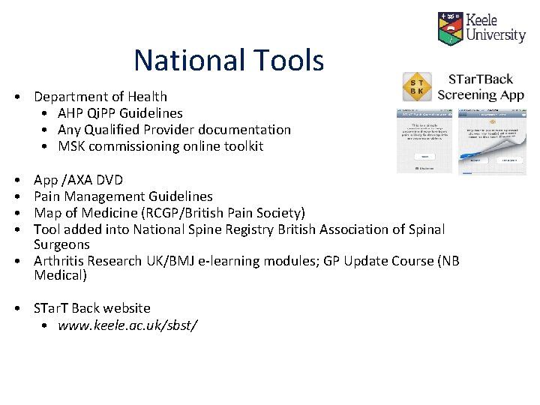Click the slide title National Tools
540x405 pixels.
point(229,60)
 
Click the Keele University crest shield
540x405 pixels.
point(450,28)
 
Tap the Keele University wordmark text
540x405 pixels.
point(496,28)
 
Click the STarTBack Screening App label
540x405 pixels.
point(481,87)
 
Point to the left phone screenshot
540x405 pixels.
point(424,141)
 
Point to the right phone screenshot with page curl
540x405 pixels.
point(492,141)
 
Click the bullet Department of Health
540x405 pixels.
point(100,97)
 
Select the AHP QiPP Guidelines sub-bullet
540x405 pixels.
point(120,113)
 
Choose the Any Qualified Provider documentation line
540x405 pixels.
point(174,130)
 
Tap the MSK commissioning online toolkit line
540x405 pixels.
point(160,146)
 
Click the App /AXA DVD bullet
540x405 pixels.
point(79,180)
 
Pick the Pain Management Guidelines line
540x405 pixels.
point(123,196)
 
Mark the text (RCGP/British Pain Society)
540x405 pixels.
point(221,213)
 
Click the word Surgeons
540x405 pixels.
point(61,244)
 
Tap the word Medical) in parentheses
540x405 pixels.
point(61,275)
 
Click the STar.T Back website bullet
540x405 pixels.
point(92,308)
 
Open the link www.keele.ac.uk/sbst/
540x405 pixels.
point(127,325)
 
